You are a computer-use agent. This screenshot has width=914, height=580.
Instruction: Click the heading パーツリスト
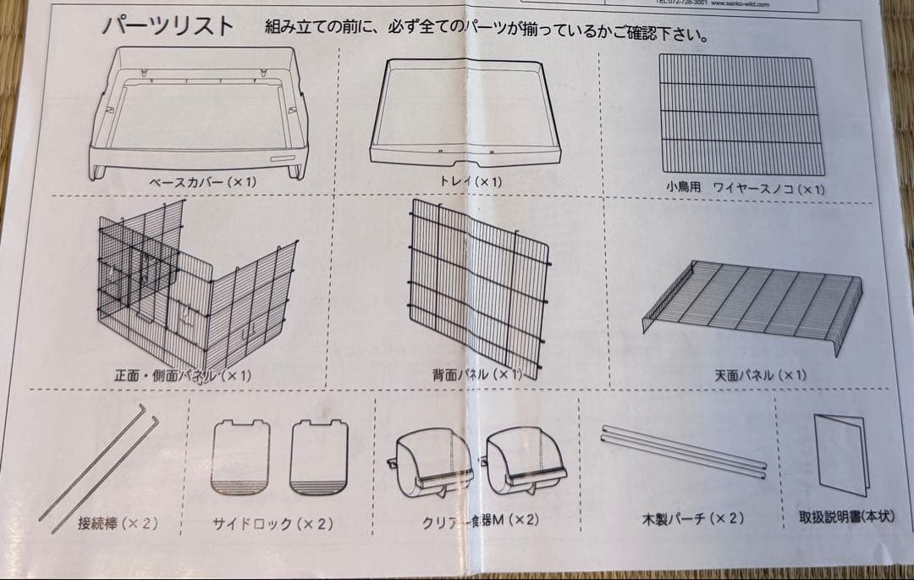168,26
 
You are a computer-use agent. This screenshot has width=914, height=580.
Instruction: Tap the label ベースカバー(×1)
203,182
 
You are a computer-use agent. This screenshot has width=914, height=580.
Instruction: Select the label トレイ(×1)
471,181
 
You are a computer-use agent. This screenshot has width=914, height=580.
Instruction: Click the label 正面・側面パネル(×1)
183,374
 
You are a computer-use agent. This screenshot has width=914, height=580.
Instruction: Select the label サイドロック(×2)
272,524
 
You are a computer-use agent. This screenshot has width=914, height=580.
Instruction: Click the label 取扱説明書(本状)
845,516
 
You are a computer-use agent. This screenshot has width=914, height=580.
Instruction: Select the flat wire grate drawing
739,113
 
